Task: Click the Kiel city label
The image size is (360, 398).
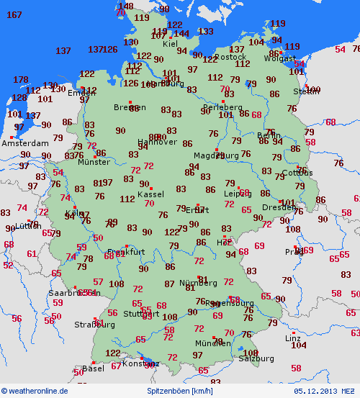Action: [x=171, y=44]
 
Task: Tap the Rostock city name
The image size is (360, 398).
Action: [x=230, y=57]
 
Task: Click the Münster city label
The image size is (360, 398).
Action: [x=94, y=162]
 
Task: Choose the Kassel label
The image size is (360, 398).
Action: [x=150, y=194]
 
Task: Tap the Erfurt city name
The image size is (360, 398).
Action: [x=196, y=210]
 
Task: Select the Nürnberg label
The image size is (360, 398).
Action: [x=198, y=281]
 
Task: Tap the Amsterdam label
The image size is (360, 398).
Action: [x=24, y=143]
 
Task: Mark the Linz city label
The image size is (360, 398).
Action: [x=292, y=338]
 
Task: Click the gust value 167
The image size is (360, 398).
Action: [x=14, y=15]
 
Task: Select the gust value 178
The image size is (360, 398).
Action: [x=21, y=80]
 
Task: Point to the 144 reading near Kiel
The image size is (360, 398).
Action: [x=181, y=33]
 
